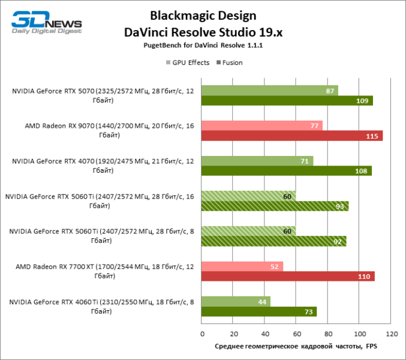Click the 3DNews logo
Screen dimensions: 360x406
click(46, 22)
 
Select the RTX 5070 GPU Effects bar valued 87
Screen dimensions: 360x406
click(269, 91)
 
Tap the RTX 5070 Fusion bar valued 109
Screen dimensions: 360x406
click(287, 101)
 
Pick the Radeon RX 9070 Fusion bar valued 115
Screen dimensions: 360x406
click(291, 136)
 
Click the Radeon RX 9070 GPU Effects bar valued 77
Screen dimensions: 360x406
click(261, 125)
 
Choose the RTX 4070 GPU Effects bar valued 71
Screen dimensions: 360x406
click(257, 161)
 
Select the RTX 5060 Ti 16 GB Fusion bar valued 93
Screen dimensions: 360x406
click(274, 206)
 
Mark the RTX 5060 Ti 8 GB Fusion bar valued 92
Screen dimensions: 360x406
click(273, 241)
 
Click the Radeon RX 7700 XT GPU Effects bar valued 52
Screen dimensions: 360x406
click(242, 266)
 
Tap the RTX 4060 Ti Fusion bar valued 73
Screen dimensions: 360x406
click(258, 311)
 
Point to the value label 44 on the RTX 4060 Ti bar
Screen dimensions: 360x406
click(263, 301)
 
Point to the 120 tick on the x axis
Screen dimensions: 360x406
click(390, 333)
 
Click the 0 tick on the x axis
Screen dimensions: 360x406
click(202, 333)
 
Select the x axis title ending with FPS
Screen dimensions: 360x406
click(296, 347)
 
